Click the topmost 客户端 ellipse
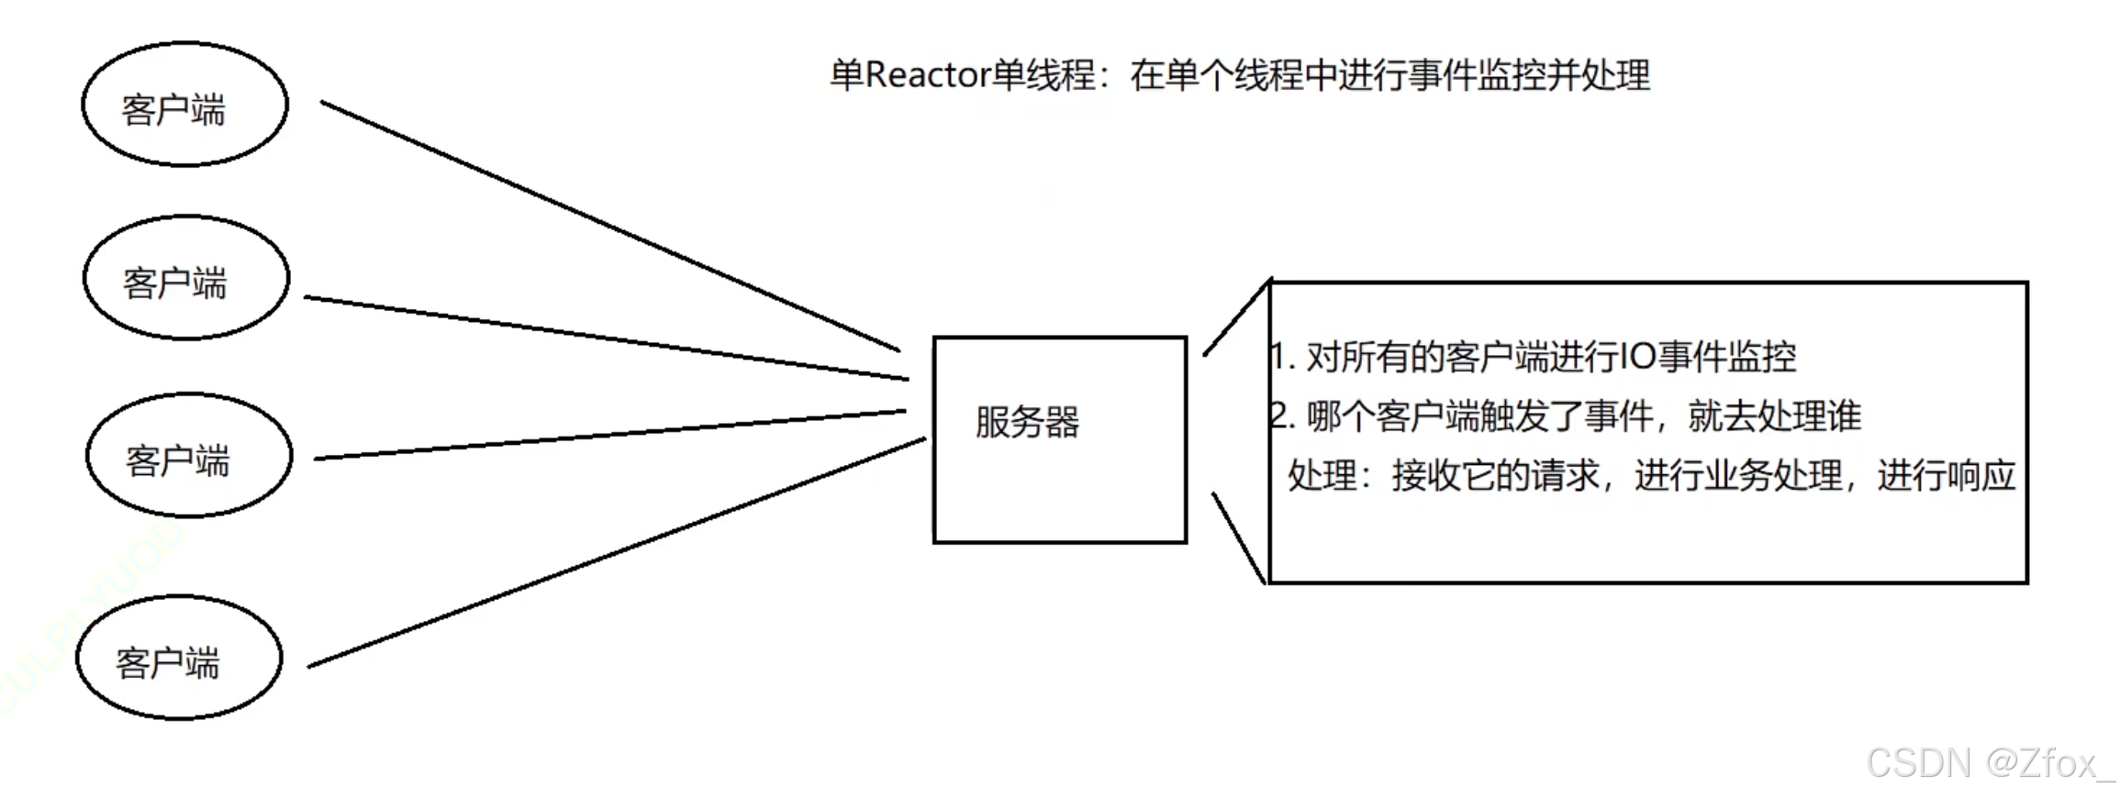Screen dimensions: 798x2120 pyautogui.click(x=184, y=105)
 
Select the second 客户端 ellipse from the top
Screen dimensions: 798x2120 pyautogui.click(x=186, y=278)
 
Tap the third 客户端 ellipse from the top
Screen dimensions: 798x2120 pyautogui.click(x=189, y=455)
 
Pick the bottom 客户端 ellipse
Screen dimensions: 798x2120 pyautogui.click(x=179, y=658)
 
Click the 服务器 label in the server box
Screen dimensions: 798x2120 pyautogui.click(x=1027, y=423)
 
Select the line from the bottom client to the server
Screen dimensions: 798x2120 pyautogui.click(x=615, y=553)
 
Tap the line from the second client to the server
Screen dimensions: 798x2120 pyautogui.click(x=606, y=338)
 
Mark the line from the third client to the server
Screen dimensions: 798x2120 pyautogui.click(x=610, y=435)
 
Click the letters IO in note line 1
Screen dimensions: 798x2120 pyautogui.click(x=1638, y=356)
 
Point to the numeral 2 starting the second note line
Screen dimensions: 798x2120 pyautogui.click(x=1278, y=416)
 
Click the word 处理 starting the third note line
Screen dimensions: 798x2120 pyautogui.click(x=1322, y=476)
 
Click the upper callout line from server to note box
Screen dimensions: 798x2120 pyautogui.click(x=1237, y=317)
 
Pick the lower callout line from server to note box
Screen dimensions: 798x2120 pyautogui.click(x=1239, y=538)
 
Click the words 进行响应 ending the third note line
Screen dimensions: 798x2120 pyautogui.click(x=1946, y=476)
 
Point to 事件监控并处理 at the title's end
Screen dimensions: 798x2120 pyautogui.click(x=1528, y=75)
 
